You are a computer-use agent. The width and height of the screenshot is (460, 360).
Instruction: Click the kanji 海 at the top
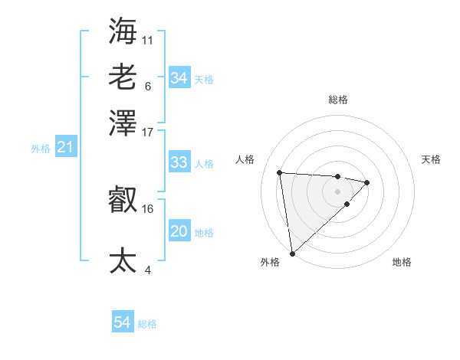coord(123,31)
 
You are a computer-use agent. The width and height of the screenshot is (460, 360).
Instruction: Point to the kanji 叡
coord(123,201)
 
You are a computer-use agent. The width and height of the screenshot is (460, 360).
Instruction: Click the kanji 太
coord(123,260)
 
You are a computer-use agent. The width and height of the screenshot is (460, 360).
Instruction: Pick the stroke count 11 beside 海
coord(147,39)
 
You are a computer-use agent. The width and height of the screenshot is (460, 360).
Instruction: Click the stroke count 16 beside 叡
coord(148,208)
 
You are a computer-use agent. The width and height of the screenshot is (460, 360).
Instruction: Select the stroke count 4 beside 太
coord(147,269)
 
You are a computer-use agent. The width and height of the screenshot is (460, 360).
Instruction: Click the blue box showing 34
coord(179,78)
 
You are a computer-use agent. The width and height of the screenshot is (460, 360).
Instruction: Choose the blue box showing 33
coord(179,162)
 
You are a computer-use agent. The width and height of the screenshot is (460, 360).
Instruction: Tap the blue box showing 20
coord(179,232)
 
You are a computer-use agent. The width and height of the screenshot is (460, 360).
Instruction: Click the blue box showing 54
coord(123,322)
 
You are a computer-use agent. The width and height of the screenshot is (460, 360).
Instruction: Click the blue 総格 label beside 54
coord(147,324)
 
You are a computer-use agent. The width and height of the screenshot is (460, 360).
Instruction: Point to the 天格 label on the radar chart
coord(431,159)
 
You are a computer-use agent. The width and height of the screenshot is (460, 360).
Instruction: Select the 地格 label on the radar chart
coord(402,262)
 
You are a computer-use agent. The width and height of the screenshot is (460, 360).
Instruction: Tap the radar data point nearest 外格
coord(292,253)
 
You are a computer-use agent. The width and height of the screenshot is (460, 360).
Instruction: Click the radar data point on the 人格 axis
coord(280,172)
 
